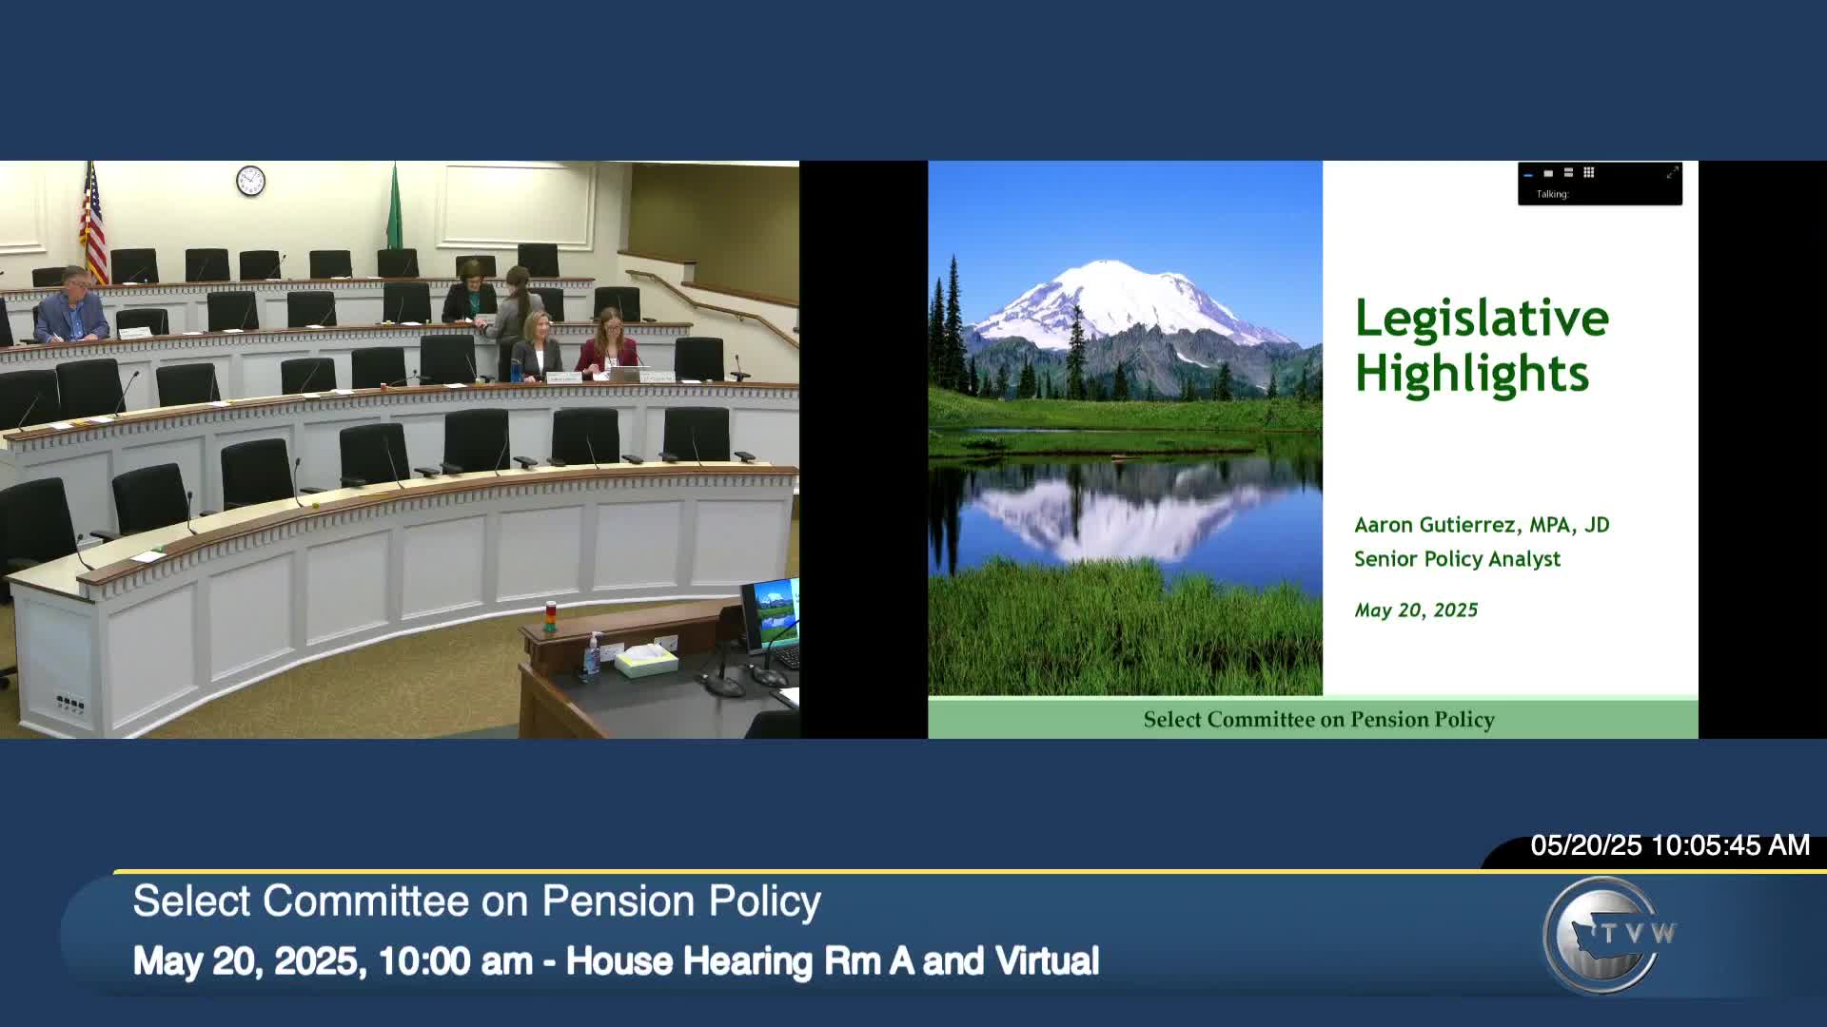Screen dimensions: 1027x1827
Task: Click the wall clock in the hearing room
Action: [x=250, y=180]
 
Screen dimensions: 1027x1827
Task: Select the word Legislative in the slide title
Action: [x=1482, y=319]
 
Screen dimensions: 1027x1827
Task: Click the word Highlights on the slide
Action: [x=1471, y=374]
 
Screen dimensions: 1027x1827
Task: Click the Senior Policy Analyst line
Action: [x=1457, y=559]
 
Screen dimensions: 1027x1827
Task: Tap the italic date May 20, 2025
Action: [x=1416, y=610]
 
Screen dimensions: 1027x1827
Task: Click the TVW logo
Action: [x=1608, y=934]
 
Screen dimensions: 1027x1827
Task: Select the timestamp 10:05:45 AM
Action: [x=1730, y=845]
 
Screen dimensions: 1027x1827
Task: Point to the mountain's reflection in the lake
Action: [x=1113, y=513]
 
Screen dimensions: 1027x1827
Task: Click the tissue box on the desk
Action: [x=646, y=659]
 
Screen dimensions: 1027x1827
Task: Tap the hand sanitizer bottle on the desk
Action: [x=593, y=656]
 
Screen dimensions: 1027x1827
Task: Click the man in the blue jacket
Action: [x=71, y=309]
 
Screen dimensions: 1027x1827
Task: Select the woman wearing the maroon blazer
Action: [x=607, y=344]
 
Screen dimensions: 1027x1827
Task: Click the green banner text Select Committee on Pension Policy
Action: [x=1319, y=720]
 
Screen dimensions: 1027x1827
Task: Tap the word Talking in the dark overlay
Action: [x=1552, y=194]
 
